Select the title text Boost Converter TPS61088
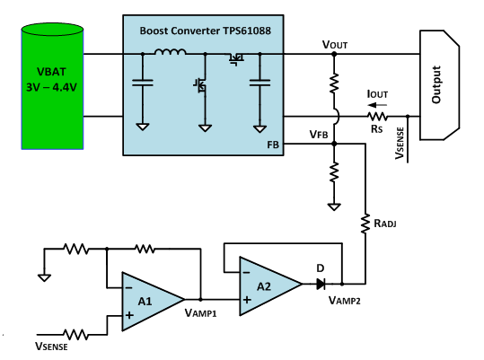click(206, 31)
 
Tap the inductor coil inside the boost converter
click(171, 52)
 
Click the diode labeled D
click(321, 284)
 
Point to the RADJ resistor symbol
click(365, 224)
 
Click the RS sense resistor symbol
click(377, 117)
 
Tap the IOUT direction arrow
click(377, 105)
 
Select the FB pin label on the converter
click(273, 145)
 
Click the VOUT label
click(335, 45)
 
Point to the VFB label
click(319, 135)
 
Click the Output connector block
click(440, 84)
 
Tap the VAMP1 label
click(200, 313)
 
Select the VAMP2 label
click(345, 300)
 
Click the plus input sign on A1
click(129, 315)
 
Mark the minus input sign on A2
click(246, 272)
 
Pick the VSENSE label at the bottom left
click(51, 347)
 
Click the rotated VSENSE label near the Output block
click(400, 143)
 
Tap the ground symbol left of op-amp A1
click(44, 277)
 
